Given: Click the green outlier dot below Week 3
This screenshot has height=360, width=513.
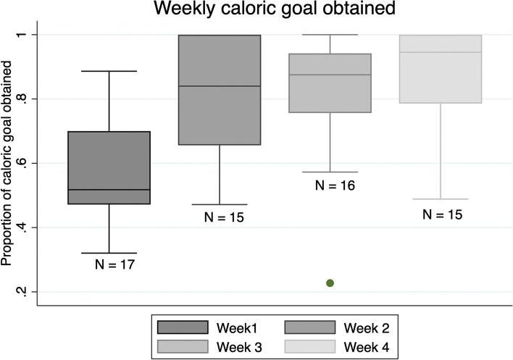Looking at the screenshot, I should pos(330,282).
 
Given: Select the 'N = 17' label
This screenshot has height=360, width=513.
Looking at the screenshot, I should pos(114,264).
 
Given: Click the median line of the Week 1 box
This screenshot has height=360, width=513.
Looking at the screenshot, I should pos(109,190).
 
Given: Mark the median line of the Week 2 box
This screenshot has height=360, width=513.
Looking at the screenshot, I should pos(220,86).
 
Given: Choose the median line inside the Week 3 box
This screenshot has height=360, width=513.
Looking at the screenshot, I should pos(330,75).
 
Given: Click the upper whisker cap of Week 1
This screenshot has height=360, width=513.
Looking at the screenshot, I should pos(109,71).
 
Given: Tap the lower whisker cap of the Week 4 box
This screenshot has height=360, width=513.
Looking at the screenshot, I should pos(440,198).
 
